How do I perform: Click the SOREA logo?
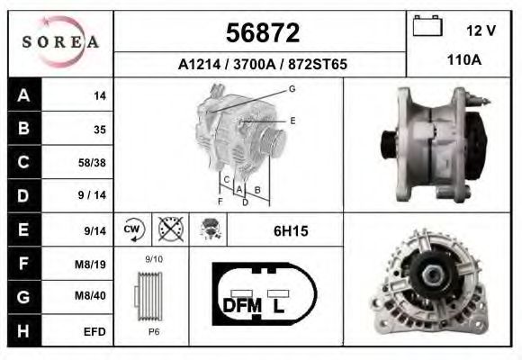(60, 42)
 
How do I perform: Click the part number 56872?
(263, 32)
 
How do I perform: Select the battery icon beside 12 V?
(427, 25)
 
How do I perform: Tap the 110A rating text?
(463, 60)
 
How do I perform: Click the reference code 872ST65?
(318, 64)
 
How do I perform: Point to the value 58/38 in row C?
(92, 163)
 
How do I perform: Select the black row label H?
(23, 330)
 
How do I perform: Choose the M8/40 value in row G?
(90, 295)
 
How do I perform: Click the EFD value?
(94, 332)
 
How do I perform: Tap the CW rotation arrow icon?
(133, 229)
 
